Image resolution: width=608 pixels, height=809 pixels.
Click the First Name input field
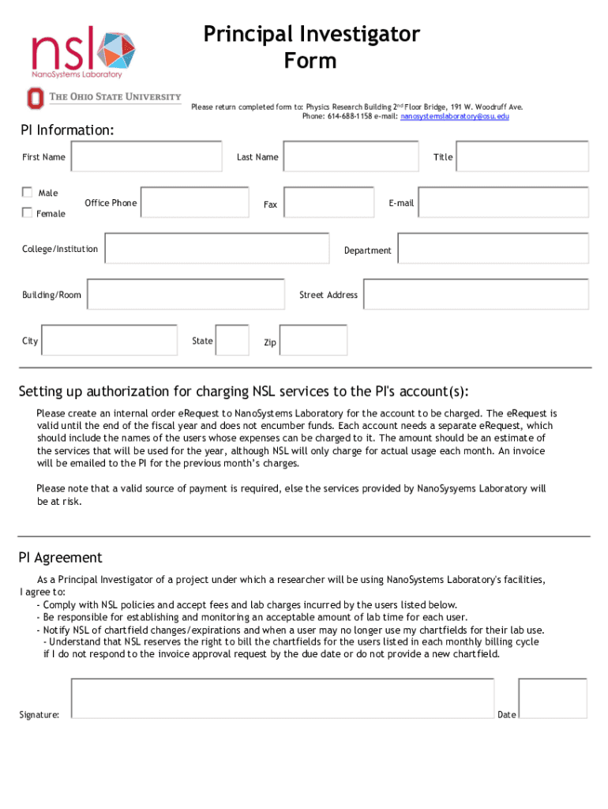pyautogui.click(x=147, y=156)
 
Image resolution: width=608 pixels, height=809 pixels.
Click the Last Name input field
pyautogui.click(x=350, y=156)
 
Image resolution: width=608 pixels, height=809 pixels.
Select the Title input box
pyautogui.click(x=522, y=156)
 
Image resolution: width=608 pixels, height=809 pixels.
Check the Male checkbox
pyautogui.click(x=27, y=192)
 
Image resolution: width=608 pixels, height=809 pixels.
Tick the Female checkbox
pyautogui.click(x=27, y=212)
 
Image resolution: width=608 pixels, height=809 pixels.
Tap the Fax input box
pyautogui.click(x=328, y=202)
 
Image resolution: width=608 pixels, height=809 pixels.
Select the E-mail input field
pyautogui.click(x=503, y=202)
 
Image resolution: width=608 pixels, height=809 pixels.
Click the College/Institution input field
pyautogui.click(x=216, y=248)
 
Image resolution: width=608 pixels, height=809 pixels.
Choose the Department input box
pyautogui.click(x=493, y=248)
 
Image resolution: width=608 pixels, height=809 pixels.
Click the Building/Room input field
pyautogui.click(x=185, y=294)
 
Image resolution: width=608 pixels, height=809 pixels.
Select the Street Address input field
pyautogui.click(x=475, y=294)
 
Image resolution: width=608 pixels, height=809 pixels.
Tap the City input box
pyautogui.click(x=109, y=340)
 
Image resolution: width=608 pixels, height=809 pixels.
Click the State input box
pyautogui.click(x=232, y=340)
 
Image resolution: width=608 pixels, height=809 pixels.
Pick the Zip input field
pyautogui.click(x=313, y=340)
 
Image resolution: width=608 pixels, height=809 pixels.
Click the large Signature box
pyautogui.click(x=282, y=698)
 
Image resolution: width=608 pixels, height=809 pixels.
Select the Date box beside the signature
pyautogui.click(x=552, y=698)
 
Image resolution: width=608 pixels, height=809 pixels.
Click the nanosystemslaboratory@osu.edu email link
pyautogui.click(x=455, y=116)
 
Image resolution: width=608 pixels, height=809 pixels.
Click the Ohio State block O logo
pyautogui.click(x=33, y=98)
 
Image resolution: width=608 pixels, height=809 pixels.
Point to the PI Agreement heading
pyautogui.click(x=61, y=558)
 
